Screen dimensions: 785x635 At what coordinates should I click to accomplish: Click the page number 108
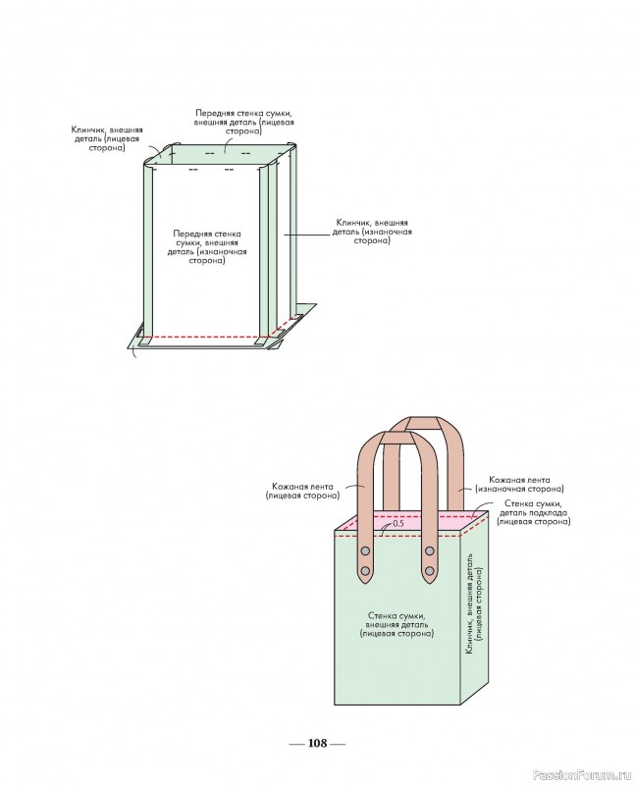317,743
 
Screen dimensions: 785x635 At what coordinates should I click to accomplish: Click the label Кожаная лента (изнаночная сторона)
519,483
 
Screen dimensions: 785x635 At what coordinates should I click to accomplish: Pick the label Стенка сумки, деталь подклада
533,512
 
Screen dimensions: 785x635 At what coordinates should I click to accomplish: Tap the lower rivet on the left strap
366,569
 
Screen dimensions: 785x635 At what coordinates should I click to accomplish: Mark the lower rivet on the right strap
430,569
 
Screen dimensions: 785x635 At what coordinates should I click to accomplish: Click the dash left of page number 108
295,744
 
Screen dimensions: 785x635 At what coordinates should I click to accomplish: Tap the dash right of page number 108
339,744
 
